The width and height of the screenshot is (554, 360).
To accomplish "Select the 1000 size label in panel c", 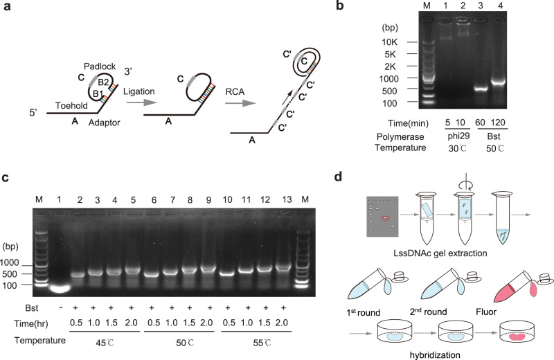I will pyautogui.click(x=24, y=262).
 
